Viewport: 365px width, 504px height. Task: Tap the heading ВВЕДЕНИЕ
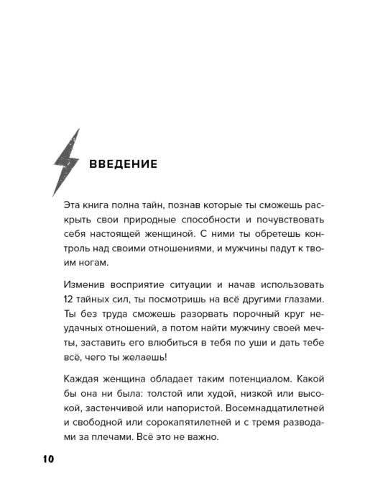(123, 163)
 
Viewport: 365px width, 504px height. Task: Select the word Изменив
(83, 284)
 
